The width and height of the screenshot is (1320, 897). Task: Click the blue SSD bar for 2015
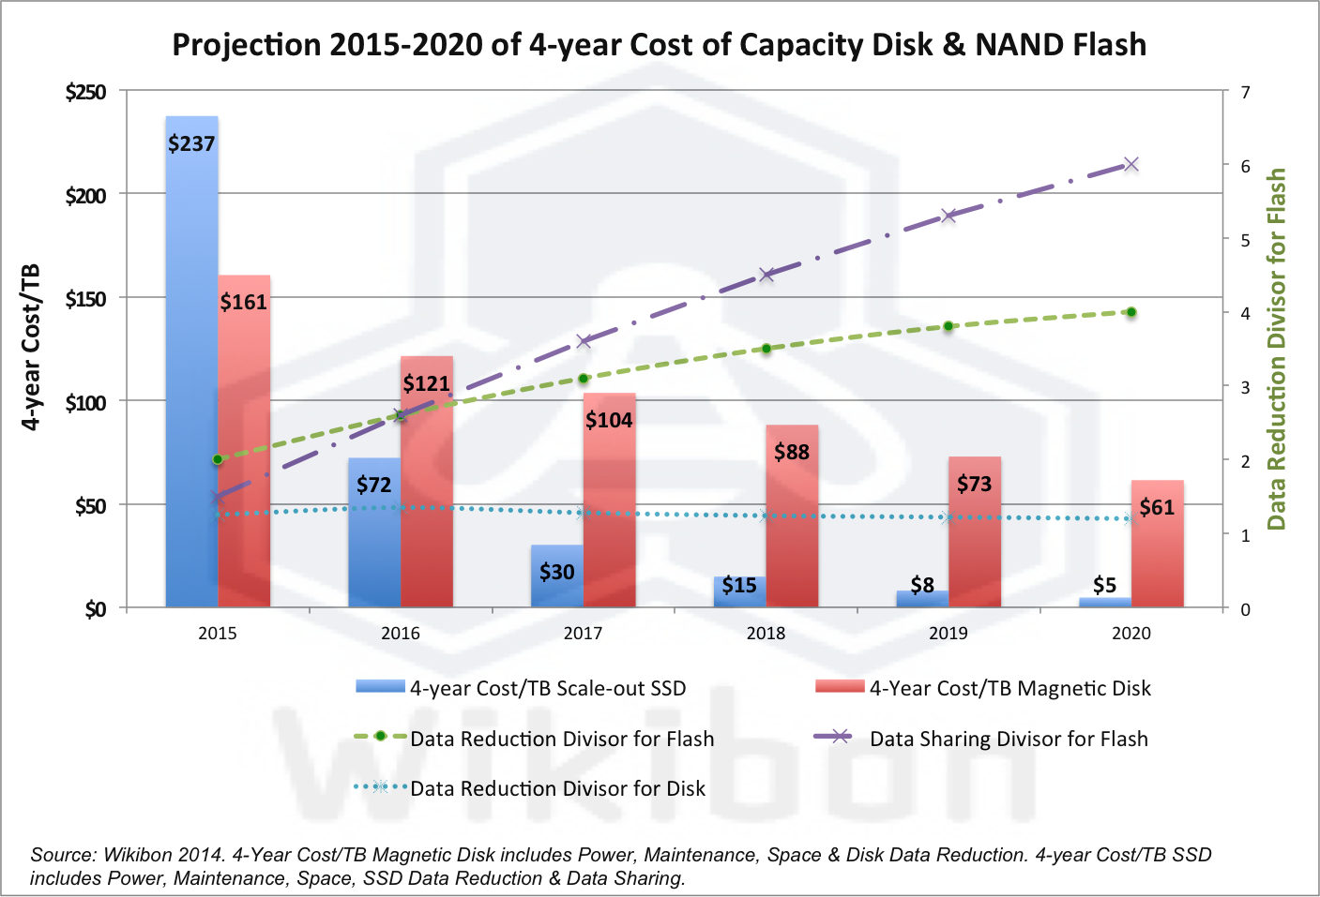click(x=191, y=375)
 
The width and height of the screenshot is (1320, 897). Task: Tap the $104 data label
click(x=609, y=420)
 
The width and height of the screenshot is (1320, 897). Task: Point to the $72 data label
click(x=373, y=485)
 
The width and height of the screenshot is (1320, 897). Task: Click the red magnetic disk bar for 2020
click(x=1157, y=553)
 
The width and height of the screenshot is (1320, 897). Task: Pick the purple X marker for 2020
click(x=1130, y=164)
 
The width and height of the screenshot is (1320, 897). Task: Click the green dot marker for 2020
click(x=1130, y=312)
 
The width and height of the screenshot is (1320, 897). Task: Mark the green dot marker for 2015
click(x=218, y=459)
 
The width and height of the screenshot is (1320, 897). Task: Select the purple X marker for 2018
click(x=766, y=275)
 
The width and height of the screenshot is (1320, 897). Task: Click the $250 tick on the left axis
click(x=85, y=92)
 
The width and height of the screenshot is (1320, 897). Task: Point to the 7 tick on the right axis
click(x=1245, y=92)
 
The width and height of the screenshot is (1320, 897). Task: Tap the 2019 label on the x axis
click(x=948, y=634)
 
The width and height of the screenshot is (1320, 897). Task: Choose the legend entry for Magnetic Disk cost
click(x=1009, y=688)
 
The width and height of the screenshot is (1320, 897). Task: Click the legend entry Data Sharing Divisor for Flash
click(x=1009, y=739)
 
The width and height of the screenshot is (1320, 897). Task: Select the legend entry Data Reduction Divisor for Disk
click(x=557, y=788)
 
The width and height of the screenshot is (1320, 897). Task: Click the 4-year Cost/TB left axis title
click(x=31, y=347)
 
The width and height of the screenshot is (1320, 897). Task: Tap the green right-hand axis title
click(x=1276, y=349)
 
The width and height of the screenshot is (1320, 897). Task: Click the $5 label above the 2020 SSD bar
click(x=1104, y=585)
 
